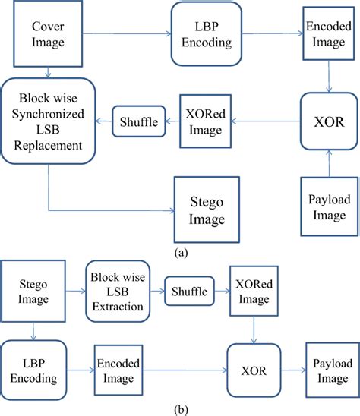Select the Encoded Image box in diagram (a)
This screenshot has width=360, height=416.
click(x=328, y=34)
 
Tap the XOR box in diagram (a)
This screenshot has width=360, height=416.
click(x=327, y=120)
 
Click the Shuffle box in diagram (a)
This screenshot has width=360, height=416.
click(x=137, y=121)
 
